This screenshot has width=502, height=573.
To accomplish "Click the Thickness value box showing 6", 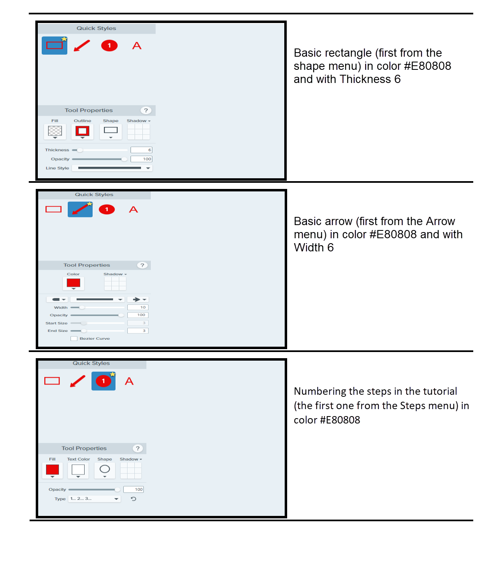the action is pos(141,150).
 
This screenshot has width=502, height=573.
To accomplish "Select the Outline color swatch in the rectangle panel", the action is pos(82,131).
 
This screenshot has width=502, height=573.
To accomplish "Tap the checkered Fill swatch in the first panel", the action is pos(55,131).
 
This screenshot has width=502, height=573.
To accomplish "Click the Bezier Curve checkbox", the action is pos(74,338).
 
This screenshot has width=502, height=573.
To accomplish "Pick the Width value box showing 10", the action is pos(138,307).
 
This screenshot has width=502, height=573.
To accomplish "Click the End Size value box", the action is pos(138,331).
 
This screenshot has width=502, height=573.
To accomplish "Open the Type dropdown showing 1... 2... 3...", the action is pos(94,499).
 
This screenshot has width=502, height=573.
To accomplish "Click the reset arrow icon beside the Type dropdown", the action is pos(134,499).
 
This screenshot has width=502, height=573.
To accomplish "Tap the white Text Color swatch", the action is pos(78,470).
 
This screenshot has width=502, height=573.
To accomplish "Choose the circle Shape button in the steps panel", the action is pos(105,470).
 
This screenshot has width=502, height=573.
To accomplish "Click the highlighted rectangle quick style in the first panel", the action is pos(55,45).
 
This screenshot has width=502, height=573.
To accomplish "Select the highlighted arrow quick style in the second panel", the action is pos(80,209).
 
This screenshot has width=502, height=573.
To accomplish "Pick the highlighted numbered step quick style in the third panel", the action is pos(103,381).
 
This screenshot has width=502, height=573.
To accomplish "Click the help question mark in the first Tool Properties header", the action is pos(146,110).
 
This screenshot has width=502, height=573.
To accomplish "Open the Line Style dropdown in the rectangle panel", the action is pos(112,168).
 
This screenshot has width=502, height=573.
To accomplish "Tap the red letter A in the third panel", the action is pos(129,381).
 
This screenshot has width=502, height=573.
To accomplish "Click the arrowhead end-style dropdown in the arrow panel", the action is pos(138,299).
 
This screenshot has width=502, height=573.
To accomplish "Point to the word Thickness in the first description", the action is pos(365,79).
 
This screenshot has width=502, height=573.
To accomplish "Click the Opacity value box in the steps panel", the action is pos(134,490).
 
